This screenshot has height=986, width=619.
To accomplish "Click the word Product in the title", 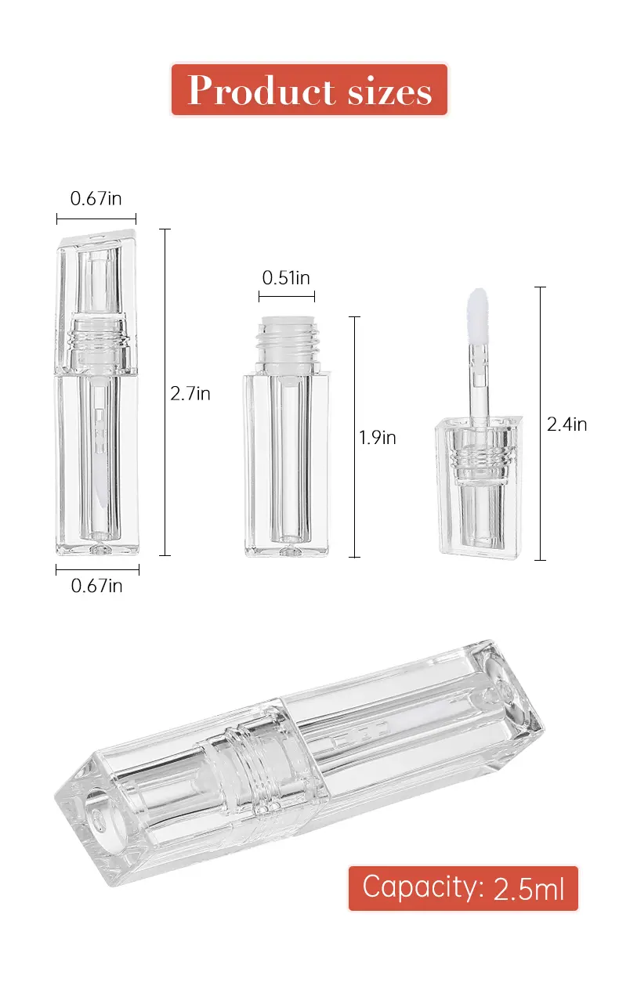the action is [x=261, y=90].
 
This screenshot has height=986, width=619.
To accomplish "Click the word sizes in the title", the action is [x=389, y=92].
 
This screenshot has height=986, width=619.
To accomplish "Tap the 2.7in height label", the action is [x=190, y=393].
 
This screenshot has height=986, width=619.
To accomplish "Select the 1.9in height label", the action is [x=378, y=438].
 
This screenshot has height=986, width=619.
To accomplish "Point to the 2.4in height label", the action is [x=567, y=424].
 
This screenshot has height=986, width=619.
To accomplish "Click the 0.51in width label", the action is [x=286, y=278].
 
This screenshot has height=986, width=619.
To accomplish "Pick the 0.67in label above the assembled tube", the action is [x=96, y=198].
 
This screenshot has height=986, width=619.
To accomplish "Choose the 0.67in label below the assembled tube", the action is [x=96, y=586].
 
